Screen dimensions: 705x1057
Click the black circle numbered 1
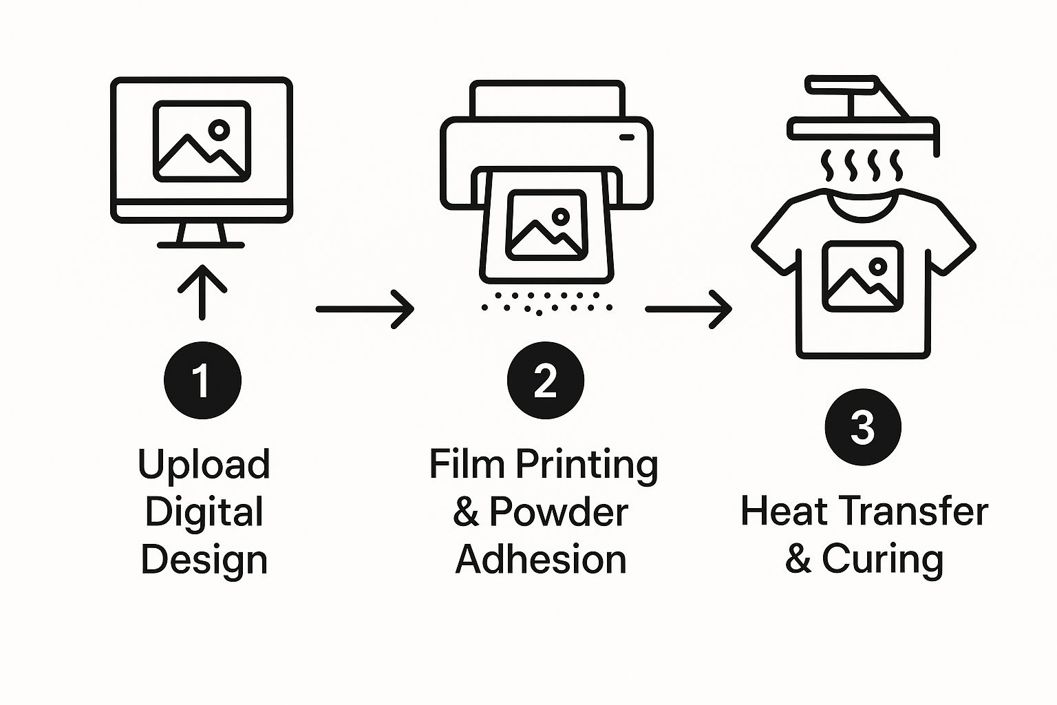[x=202, y=380]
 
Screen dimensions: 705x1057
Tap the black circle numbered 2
[x=545, y=380]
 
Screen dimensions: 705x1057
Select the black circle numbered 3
[x=863, y=427]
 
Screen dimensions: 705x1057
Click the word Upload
[x=204, y=465]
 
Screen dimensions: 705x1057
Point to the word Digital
[x=204, y=512]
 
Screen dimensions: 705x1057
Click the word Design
[x=204, y=560]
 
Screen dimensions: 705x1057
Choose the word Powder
[x=559, y=512]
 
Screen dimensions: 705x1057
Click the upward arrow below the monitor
[x=202, y=292]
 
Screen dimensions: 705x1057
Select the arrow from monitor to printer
[x=365, y=309]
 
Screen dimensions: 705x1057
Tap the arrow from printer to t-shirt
[x=688, y=309]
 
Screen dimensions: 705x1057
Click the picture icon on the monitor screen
[x=202, y=141]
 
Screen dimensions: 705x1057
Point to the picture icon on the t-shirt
[x=862, y=276]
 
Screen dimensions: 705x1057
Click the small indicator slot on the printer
[x=627, y=137]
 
